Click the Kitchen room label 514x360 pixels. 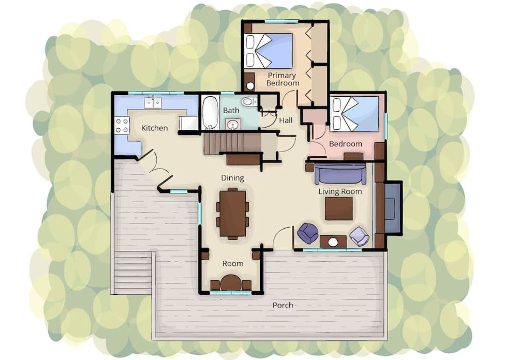[154, 128]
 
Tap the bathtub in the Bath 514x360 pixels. [210, 112]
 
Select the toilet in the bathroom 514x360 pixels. [249, 102]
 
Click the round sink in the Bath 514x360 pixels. [233, 125]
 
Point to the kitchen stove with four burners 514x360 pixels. [122, 125]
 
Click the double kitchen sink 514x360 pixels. [153, 103]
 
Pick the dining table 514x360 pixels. [233, 213]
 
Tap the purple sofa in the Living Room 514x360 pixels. [340, 174]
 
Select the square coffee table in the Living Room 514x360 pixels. [339, 208]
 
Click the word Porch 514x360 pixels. [283, 305]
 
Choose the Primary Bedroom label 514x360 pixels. [282, 79]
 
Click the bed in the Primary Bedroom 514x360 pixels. [268, 50]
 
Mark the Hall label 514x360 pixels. [285, 120]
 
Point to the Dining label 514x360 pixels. [232, 178]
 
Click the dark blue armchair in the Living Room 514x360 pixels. [307, 233]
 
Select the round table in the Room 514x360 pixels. [231, 283]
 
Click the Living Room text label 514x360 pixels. [340, 191]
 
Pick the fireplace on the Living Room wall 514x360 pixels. [393, 207]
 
